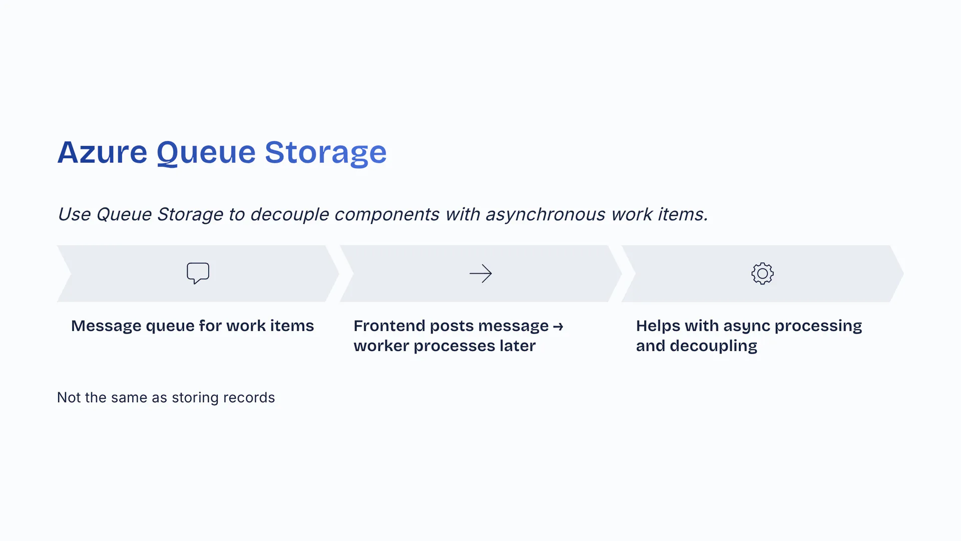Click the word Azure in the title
tap(102, 152)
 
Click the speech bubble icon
tap(198, 274)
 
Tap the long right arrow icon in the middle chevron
tap(481, 274)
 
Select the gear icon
tap(763, 274)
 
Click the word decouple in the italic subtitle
tap(289, 214)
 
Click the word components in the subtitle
tap(386, 214)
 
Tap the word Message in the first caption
tap(106, 326)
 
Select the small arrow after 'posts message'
tap(559, 327)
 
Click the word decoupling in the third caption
tap(713, 346)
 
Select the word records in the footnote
tap(249, 397)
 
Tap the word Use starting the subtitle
tap(74, 214)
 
